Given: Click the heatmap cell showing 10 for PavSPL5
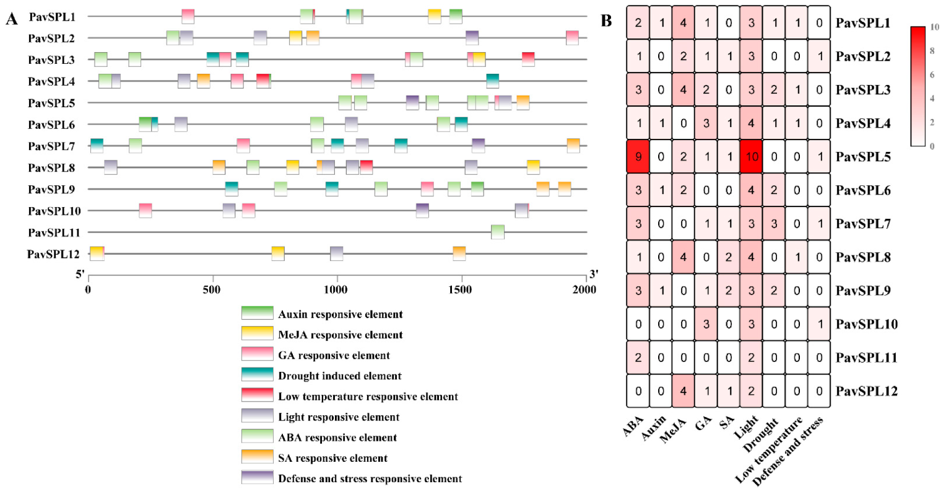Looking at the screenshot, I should (x=752, y=157).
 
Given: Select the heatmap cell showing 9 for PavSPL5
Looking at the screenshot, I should (x=638, y=157).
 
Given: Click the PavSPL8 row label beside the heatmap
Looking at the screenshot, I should (x=863, y=257).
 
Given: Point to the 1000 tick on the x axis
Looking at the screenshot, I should (x=337, y=289).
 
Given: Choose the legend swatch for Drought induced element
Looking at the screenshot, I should (x=257, y=375).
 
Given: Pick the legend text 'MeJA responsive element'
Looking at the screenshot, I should (x=340, y=335).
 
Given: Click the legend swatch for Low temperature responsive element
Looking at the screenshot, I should (x=257, y=395).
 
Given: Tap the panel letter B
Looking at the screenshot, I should (x=606, y=21).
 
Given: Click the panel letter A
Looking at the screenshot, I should (x=11, y=19).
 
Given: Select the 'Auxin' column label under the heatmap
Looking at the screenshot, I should (x=654, y=428).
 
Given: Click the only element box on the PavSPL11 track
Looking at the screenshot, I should (x=498, y=232).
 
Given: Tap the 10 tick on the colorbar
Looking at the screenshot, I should (x=935, y=27).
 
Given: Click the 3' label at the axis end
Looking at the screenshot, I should (x=594, y=273).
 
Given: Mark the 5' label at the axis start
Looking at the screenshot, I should (x=80, y=273).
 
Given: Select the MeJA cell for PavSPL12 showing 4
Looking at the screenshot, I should (x=683, y=391).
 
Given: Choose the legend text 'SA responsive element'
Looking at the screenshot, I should (x=332, y=458).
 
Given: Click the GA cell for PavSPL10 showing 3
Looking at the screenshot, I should (x=706, y=324).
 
